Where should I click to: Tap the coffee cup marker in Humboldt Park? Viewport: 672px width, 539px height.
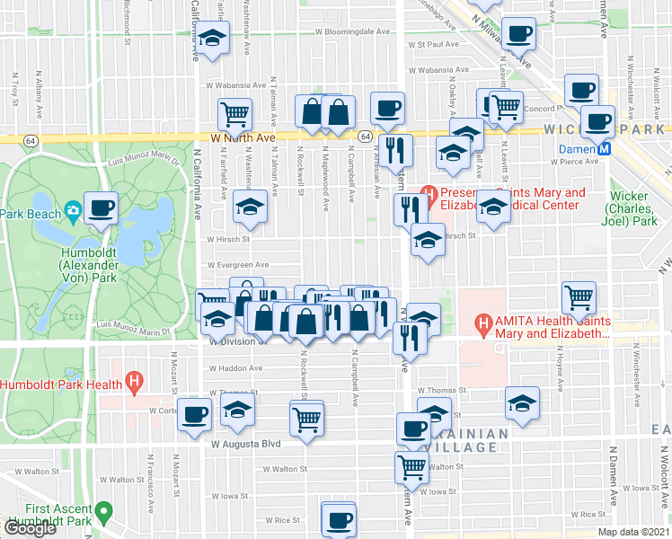click(x=101, y=208)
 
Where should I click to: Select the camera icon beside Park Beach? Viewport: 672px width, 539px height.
click(x=72, y=213)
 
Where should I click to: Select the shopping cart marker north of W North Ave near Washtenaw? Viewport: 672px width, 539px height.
click(x=234, y=114)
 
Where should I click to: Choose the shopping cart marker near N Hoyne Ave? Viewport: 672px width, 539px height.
click(x=579, y=296)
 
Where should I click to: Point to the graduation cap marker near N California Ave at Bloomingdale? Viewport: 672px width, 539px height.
click(x=212, y=40)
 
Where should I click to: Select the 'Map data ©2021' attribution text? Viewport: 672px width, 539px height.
click(x=632, y=532)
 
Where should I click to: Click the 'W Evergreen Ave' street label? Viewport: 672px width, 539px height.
click(x=238, y=265)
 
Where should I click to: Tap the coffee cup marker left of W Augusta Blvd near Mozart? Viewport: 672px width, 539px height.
click(x=195, y=414)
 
